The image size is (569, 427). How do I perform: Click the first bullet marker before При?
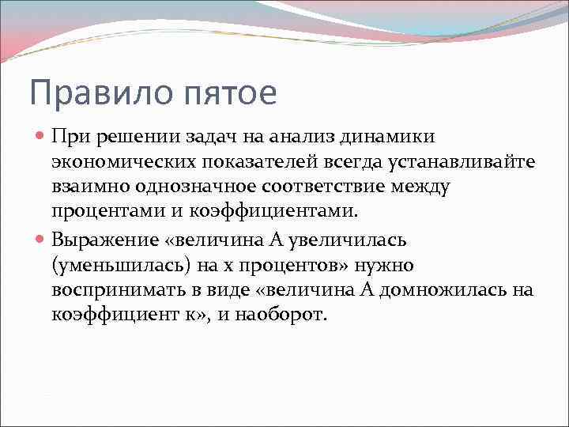(42, 136)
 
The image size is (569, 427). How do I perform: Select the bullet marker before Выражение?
(42, 239)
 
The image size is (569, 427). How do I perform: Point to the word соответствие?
(326, 187)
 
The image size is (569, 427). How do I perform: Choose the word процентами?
(102, 213)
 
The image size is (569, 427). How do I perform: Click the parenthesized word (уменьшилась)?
(119, 264)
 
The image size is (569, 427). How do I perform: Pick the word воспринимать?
(119, 289)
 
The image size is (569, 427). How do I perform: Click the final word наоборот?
(282, 315)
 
